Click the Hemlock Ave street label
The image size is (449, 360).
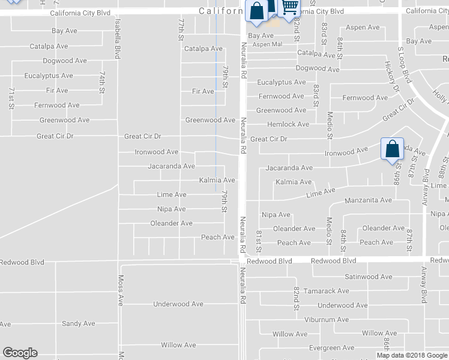[x=288, y=124]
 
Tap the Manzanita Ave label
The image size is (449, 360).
[x=368, y=200]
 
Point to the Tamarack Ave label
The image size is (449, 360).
[x=326, y=291]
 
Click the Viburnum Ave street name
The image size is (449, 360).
[x=326, y=320]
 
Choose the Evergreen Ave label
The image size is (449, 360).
[x=331, y=348]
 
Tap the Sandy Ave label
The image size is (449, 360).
[x=79, y=323]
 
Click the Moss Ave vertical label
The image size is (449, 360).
[x=121, y=290]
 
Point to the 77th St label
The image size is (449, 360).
[x=181, y=29]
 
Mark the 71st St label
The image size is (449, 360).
[x=11, y=98]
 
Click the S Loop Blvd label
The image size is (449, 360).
[x=406, y=66]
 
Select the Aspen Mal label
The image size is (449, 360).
[x=267, y=44]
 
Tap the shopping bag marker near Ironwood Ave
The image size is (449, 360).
[x=391, y=149]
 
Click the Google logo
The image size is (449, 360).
[x=19, y=353]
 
